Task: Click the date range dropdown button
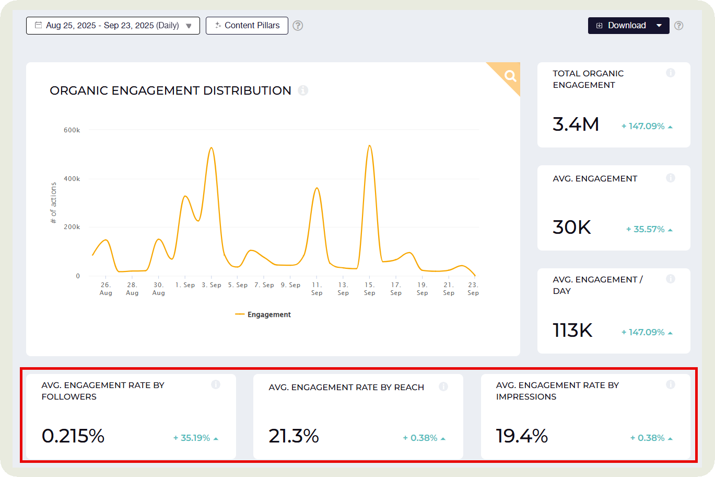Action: point(113,26)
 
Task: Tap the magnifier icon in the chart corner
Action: point(510,76)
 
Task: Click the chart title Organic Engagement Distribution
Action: point(170,90)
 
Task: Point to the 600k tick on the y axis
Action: point(72,130)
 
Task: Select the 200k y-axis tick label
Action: point(72,228)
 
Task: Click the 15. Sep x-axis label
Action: point(369,289)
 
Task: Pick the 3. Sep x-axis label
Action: point(212,285)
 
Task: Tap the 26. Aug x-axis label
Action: point(106,289)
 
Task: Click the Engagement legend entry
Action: point(263,314)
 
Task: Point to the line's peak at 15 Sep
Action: point(369,145)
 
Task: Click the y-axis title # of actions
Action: point(53,203)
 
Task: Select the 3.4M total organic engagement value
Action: point(576,124)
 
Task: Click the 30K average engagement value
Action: point(571,228)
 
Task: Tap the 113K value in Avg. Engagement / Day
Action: point(572,331)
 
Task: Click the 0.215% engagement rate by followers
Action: point(73,436)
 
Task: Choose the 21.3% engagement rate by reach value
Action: point(294,436)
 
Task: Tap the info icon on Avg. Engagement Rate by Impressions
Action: point(671,385)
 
